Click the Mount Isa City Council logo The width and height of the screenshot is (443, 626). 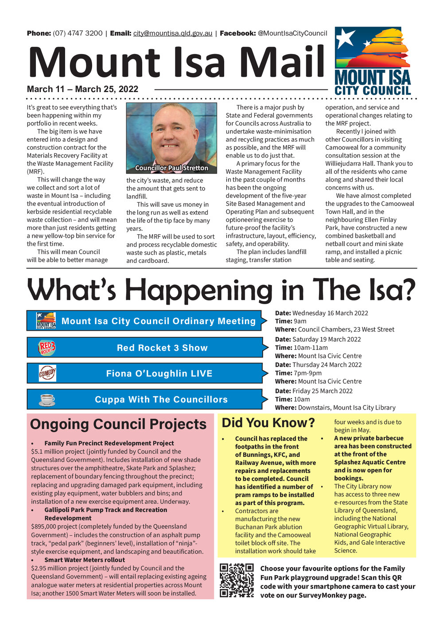[373, 61]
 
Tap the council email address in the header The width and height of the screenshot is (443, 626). [173, 33]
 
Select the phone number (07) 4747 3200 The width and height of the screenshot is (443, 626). [78, 33]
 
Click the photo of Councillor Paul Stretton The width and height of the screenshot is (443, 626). [171, 138]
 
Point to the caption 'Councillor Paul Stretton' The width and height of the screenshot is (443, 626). [171, 168]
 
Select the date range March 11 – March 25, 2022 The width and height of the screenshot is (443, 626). [82, 89]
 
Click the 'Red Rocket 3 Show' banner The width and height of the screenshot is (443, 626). [162, 348]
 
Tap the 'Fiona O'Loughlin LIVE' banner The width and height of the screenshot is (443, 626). [159, 374]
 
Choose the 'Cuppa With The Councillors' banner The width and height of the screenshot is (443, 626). [161, 399]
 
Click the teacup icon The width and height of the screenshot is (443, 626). [47, 399]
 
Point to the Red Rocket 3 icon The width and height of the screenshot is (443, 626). [47, 348]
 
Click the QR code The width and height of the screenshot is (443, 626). [237, 580]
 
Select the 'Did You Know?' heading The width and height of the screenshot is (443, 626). [268, 423]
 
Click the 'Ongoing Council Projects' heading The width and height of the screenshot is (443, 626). [118, 424]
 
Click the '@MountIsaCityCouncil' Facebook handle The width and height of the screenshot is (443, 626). [292, 33]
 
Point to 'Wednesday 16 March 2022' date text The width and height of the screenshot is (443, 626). [330, 313]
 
